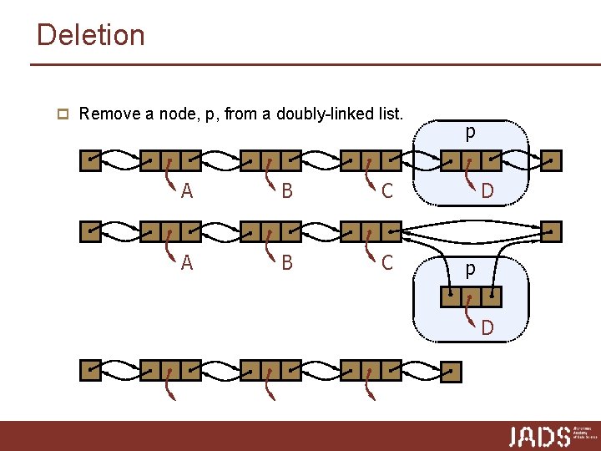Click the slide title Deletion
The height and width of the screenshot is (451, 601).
click(91, 35)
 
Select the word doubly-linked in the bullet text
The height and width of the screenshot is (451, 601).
click(316, 113)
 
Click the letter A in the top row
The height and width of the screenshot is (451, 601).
click(187, 191)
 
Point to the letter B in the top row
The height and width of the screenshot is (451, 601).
click(287, 191)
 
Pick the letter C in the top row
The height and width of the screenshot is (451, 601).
click(387, 191)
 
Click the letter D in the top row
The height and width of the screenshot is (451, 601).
click(487, 191)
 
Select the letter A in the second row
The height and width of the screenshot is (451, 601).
click(187, 263)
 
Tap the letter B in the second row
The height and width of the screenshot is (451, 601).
click(287, 263)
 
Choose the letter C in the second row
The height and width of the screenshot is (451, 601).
click(387, 263)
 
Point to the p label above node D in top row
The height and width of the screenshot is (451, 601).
click(471, 132)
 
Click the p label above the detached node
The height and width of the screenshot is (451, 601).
click(471, 270)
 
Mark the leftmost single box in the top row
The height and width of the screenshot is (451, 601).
click(89, 160)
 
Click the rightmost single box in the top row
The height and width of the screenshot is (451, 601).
click(552, 160)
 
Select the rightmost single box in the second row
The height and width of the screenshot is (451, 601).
click(552, 231)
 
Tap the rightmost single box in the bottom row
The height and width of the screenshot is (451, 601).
click(451, 370)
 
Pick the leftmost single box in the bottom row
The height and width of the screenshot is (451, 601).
click(89, 370)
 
